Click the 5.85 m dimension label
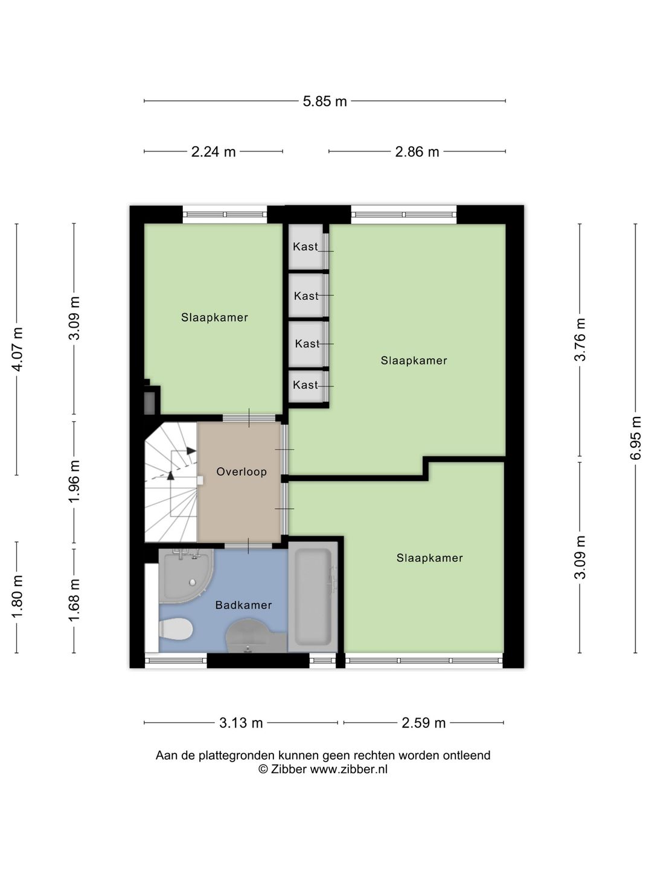click(x=325, y=101)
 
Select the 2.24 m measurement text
click(x=213, y=151)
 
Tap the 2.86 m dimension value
click(x=417, y=151)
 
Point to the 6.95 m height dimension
click(x=635, y=438)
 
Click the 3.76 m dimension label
click(x=580, y=339)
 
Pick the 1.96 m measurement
click(x=74, y=482)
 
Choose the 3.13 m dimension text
click(x=241, y=723)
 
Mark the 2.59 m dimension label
click(x=424, y=723)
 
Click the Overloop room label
click(x=241, y=471)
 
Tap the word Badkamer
click(x=243, y=605)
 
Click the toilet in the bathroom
click(x=176, y=629)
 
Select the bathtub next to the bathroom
click(x=313, y=597)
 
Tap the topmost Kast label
click(x=305, y=247)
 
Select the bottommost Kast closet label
click(x=305, y=385)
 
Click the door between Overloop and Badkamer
click(x=248, y=546)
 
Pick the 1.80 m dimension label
click(x=18, y=596)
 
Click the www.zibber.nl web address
click(x=348, y=769)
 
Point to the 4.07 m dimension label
click(x=18, y=349)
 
